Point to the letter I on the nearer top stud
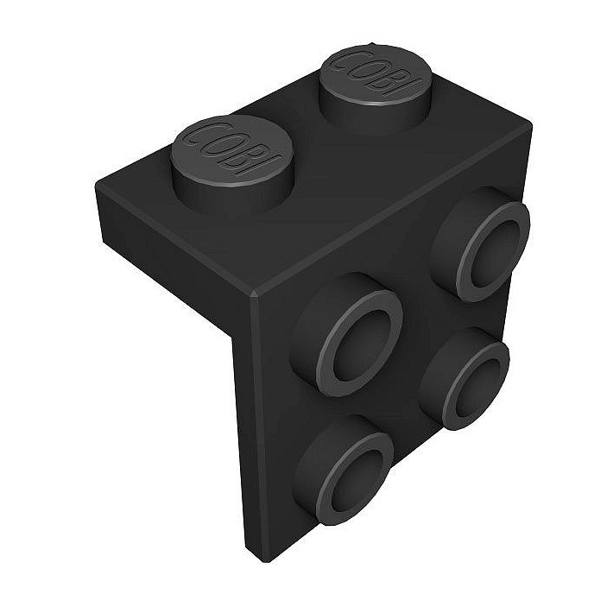click(x=269, y=162)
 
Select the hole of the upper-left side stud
click(x=360, y=333)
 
